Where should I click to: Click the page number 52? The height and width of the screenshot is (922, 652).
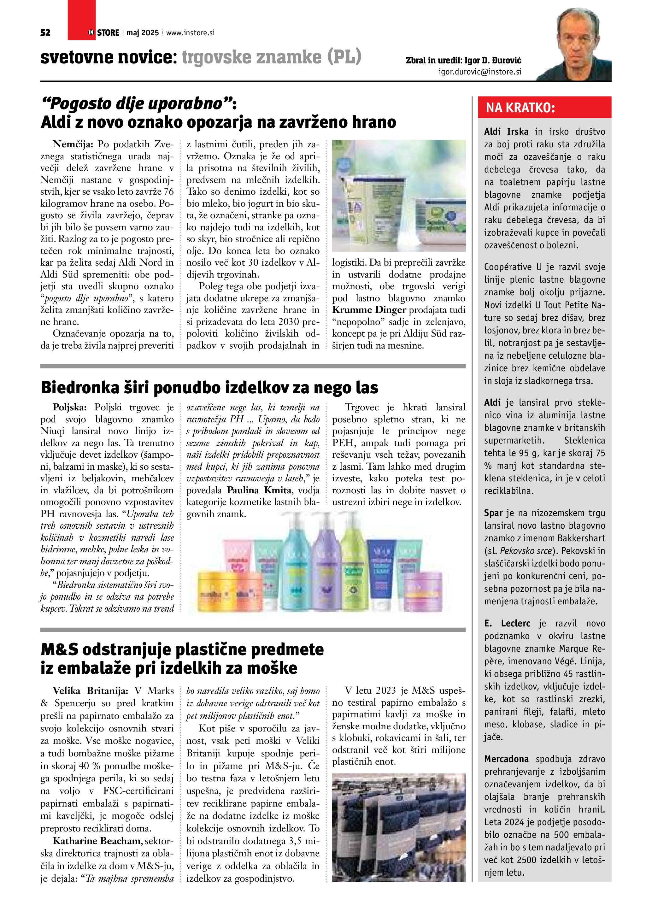point(45,33)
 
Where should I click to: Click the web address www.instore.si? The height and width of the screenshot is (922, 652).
point(190,33)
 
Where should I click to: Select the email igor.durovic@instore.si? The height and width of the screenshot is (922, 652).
point(480,72)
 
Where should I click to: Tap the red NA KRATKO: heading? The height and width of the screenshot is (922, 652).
point(520,108)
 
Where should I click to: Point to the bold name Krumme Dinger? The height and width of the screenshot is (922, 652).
point(369,310)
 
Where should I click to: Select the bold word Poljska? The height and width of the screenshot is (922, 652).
point(69,407)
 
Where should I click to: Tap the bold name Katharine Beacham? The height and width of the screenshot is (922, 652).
point(96,841)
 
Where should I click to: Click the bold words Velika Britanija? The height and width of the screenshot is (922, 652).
point(90,691)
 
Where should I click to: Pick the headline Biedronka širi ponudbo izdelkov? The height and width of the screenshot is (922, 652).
point(209,388)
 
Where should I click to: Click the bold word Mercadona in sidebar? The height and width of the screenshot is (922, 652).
point(506,759)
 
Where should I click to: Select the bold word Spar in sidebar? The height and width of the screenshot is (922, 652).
point(493,513)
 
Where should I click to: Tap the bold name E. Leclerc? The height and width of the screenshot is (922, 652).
point(507,623)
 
